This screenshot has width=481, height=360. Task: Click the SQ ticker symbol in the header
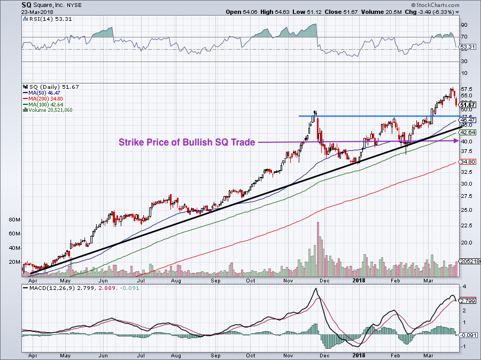point(26,4)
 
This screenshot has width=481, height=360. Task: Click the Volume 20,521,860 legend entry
point(51,110)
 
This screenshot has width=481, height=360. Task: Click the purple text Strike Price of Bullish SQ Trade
point(187,142)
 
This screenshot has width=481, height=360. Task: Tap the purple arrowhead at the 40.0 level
point(455,141)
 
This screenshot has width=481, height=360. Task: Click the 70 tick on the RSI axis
point(464,37)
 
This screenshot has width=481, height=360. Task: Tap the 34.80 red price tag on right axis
point(468,162)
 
